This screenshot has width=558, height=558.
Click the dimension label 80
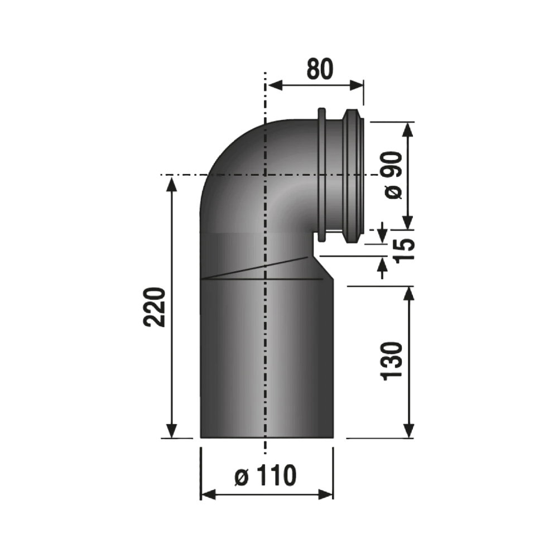pos(320,69)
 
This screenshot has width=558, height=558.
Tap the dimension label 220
pos(155,307)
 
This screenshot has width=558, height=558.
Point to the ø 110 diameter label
pos(266,475)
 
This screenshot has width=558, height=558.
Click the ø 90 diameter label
pos(392,175)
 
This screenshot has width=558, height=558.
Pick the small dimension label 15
pos(404,249)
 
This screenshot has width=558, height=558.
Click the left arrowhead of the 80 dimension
pos(275,85)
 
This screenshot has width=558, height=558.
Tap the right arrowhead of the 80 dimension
pos(356,85)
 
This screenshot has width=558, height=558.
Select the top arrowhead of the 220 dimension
pos(172,185)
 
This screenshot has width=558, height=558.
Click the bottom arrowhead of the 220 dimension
pos(172,430)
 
